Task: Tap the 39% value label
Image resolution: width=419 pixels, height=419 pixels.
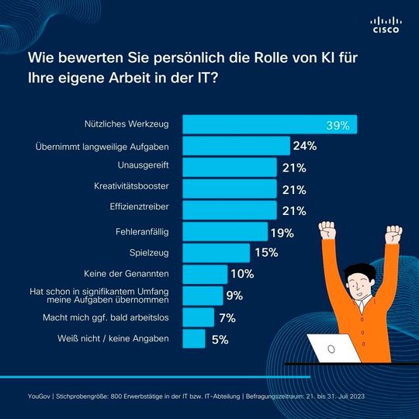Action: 339,125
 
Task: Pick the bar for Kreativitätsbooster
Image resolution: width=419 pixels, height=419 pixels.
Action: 230,189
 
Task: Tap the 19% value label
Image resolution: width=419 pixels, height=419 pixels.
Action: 282,232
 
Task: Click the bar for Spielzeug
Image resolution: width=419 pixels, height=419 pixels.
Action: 216,253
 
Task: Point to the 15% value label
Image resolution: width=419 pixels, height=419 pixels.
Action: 266,253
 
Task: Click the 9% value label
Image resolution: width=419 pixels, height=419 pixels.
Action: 234,296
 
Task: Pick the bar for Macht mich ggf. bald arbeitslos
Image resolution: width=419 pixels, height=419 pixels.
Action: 198,317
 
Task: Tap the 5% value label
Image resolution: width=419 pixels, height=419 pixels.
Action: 220,339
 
